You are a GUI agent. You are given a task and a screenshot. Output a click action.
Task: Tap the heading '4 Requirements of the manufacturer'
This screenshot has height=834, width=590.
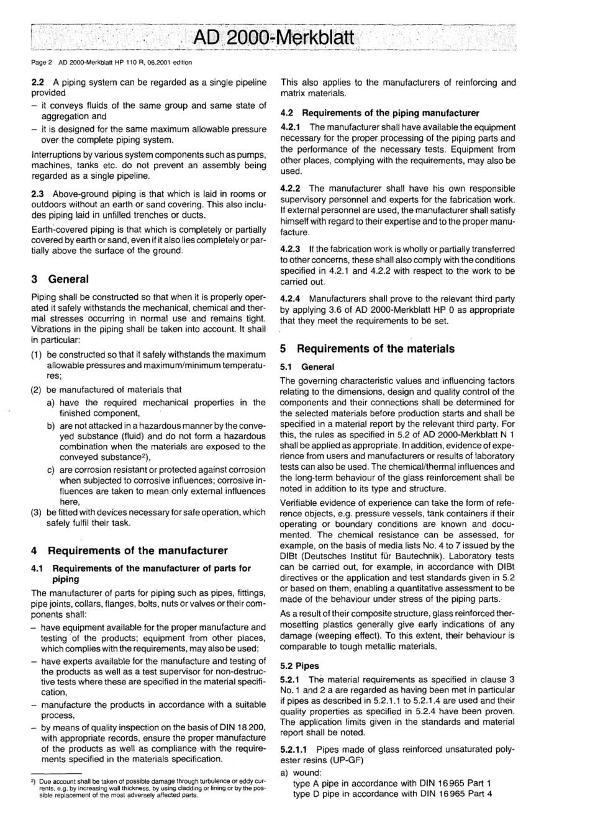129,550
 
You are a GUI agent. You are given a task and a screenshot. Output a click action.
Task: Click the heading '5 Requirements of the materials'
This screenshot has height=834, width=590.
367,349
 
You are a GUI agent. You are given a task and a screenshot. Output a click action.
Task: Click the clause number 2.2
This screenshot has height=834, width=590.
38,82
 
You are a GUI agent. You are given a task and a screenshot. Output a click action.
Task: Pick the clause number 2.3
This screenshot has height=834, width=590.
38,194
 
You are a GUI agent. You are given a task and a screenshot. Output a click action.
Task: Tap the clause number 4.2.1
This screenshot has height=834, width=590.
292,127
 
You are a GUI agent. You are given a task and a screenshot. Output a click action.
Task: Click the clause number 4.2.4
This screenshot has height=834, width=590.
292,299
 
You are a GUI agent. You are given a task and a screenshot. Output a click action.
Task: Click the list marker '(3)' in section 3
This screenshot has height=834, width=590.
37,513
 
